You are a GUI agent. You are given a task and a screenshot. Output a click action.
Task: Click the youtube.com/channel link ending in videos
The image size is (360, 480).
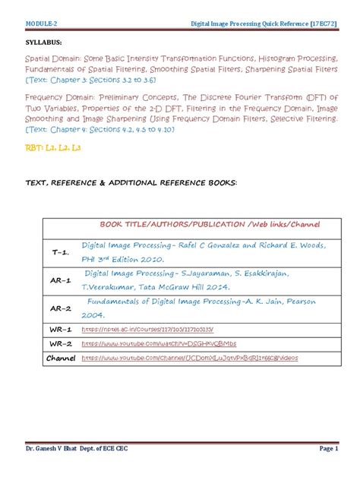coord(189,358)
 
